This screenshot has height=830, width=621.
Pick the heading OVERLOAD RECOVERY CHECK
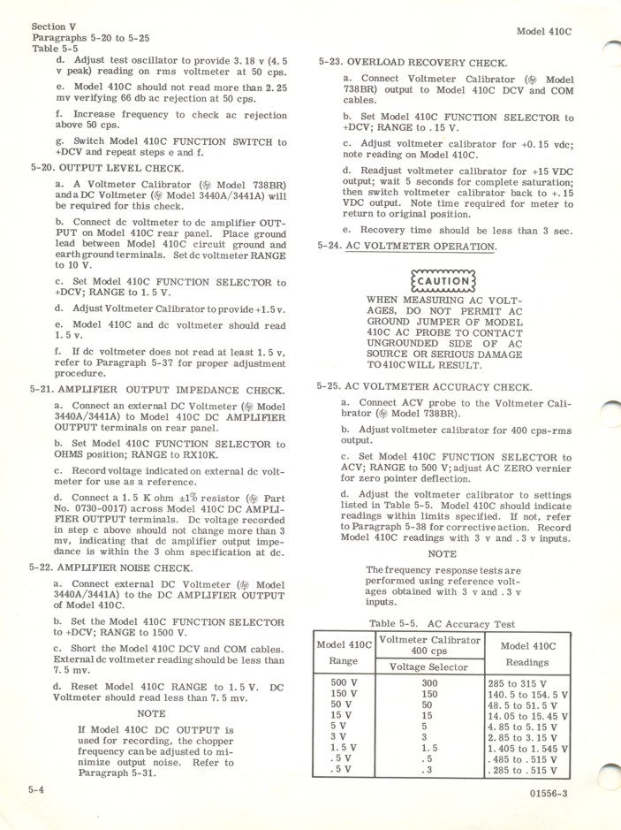(413, 63)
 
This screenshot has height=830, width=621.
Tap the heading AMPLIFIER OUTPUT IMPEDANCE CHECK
(157, 390)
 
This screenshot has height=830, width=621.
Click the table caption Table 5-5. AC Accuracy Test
(442, 624)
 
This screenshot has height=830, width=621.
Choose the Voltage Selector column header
(429, 666)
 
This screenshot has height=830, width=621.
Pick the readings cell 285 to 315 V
(517, 682)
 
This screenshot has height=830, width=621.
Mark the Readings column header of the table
(527, 661)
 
